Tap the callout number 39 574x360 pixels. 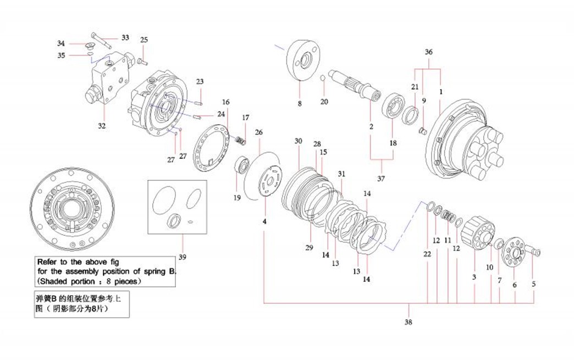pyautogui.click(x=183, y=257)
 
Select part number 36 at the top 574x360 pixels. pyautogui.click(x=429, y=52)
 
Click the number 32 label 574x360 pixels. pyautogui.click(x=102, y=126)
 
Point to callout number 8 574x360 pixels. pyautogui.click(x=300, y=103)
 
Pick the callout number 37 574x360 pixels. pyautogui.click(x=381, y=179)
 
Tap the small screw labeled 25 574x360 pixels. pyautogui.click(x=142, y=60)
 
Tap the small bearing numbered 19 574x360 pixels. pyautogui.click(x=242, y=165)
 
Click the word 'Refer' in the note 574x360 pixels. pyautogui.click(x=47, y=262)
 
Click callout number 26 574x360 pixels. pyautogui.click(x=259, y=132)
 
